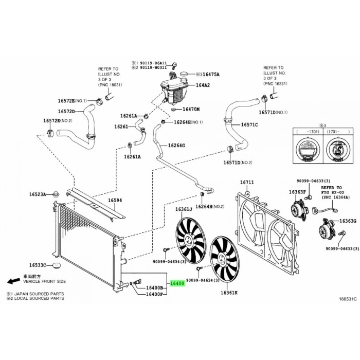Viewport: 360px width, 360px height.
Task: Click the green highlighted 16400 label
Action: (x=177, y=283)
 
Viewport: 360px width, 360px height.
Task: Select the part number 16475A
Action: (x=209, y=74)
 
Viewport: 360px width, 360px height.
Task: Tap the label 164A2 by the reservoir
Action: (x=203, y=85)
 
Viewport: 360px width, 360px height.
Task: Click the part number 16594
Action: (x=115, y=200)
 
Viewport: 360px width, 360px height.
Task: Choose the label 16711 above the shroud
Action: (x=247, y=183)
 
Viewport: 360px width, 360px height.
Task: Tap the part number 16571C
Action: (x=249, y=124)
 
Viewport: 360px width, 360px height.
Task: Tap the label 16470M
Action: (x=191, y=110)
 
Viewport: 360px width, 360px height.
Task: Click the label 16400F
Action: (x=154, y=294)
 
